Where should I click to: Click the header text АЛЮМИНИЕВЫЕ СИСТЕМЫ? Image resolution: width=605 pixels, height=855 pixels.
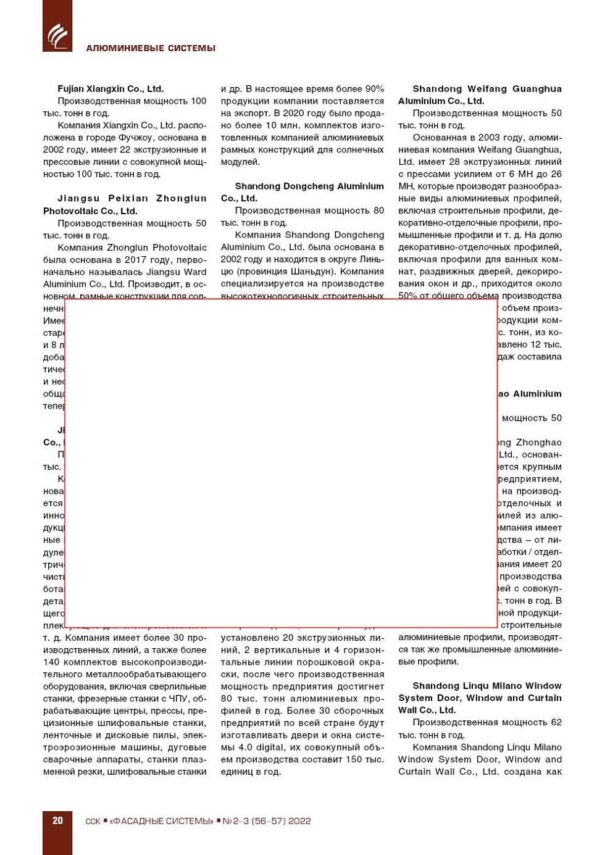tap(151, 48)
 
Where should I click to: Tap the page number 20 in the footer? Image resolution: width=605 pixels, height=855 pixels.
tap(57, 820)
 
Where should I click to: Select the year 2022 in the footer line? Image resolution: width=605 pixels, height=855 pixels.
tap(299, 821)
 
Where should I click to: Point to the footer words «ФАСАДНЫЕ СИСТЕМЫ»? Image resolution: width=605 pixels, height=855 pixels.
tap(161, 821)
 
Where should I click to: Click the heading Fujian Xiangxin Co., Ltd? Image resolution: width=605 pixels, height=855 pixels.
tap(111, 89)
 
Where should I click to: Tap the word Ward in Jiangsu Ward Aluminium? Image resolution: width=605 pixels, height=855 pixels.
tap(195, 272)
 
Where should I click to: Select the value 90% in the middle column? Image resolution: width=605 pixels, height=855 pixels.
tap(374, 89)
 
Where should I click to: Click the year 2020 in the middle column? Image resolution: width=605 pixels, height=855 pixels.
tap(297, 114)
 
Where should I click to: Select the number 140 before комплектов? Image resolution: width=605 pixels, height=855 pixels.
tap(52, 662)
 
